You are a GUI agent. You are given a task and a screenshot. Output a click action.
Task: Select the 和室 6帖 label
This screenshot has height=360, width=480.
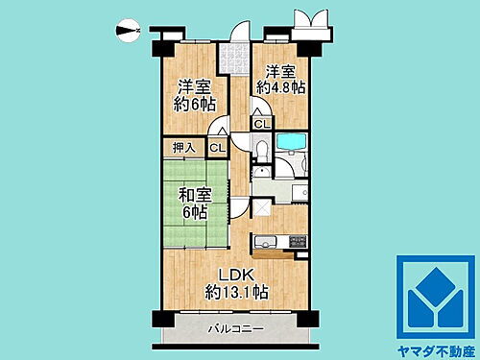click(195, 203)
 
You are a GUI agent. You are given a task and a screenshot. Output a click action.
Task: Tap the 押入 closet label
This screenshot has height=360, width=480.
click(182, 148)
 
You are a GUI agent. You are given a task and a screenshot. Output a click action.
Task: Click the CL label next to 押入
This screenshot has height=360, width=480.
click(217, 148)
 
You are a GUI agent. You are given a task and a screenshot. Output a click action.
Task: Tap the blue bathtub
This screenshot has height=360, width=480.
click(289, 143)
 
